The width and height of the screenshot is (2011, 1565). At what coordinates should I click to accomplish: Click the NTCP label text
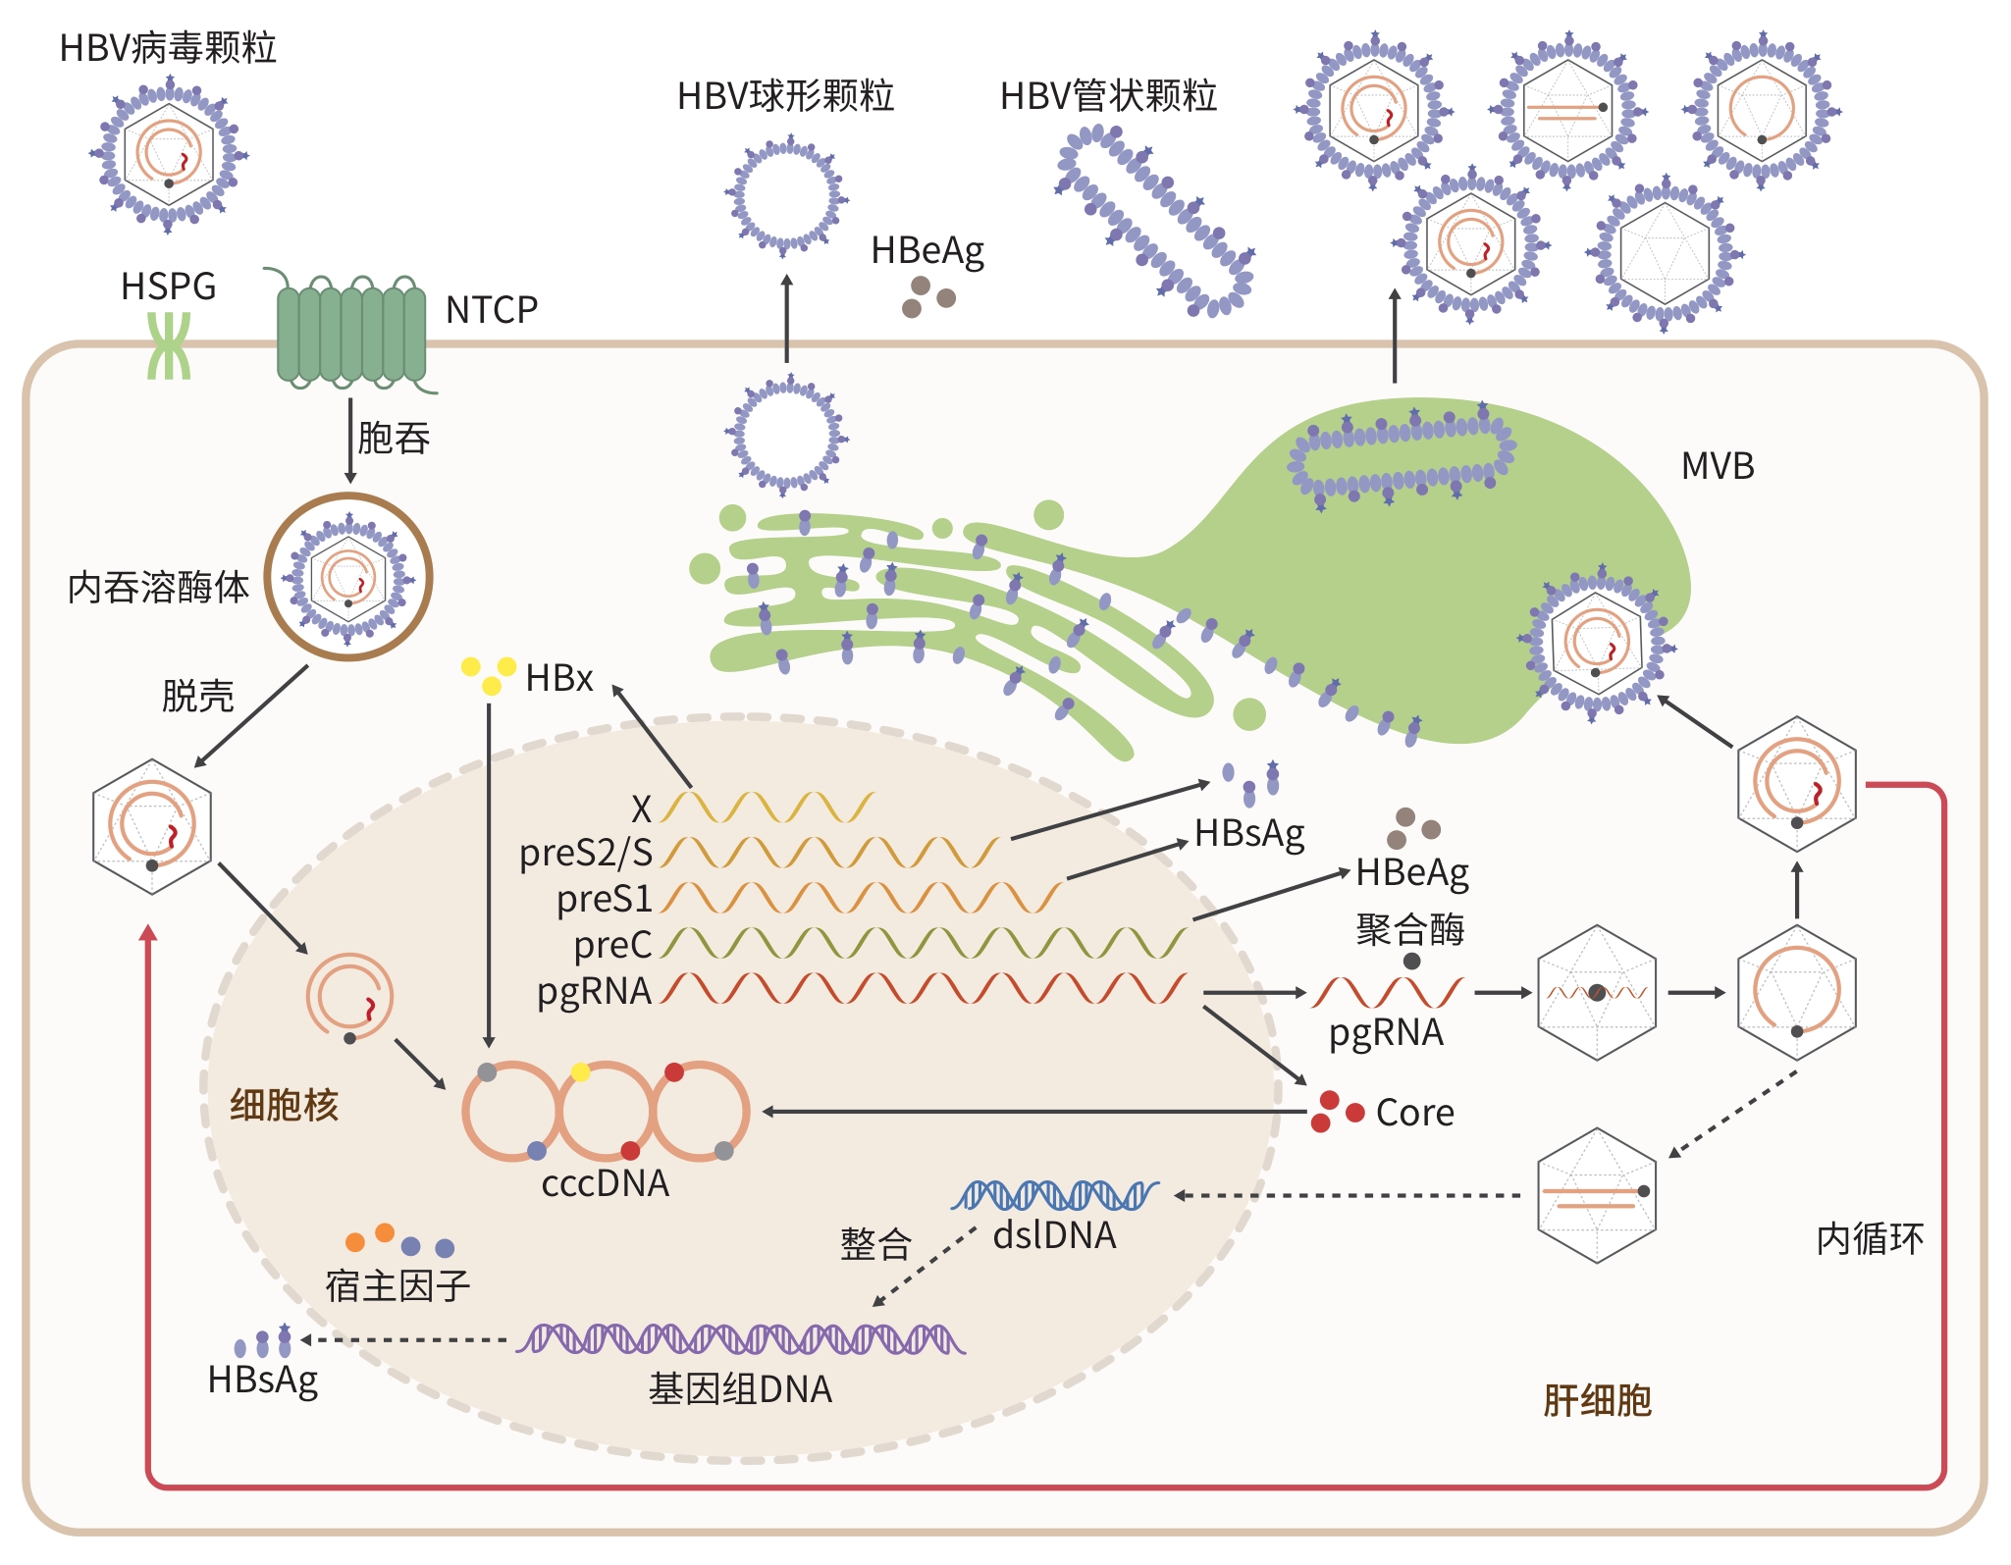coord(491,310)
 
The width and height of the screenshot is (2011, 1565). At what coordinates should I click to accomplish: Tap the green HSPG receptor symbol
coord(169,345)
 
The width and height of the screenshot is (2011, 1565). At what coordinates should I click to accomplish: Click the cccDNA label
coord(605,1184)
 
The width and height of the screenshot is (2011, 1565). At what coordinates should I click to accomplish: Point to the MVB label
coord(1717,466)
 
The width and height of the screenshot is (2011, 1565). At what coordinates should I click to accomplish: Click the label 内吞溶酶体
coord(158,588)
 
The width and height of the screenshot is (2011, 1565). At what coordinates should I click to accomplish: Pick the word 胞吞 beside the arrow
coord(394,438)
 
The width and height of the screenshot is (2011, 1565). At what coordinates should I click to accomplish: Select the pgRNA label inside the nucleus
coord(594,991)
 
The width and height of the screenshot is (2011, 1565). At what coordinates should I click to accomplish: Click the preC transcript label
coord(612,945)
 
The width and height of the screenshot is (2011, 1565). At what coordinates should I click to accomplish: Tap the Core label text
coord(1414,1113)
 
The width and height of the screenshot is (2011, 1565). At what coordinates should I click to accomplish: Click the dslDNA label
coord(1054,1235)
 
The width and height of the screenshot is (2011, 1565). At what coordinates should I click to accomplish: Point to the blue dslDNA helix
coord(1054,1195)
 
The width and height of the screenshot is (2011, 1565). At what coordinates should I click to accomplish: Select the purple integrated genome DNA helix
coord(741,1339)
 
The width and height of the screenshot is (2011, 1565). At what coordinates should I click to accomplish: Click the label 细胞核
coord(284,1106)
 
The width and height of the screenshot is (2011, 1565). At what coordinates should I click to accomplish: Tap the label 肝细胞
coord(1597,1401)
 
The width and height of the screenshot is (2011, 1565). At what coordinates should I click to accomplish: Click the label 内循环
coord(1870,1239)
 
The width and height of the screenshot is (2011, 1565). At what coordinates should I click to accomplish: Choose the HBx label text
coord(558,678)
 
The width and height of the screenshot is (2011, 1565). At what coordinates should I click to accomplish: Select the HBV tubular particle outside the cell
coord(1155,222)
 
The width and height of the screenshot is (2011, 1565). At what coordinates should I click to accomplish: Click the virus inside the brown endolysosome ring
coord(348,577)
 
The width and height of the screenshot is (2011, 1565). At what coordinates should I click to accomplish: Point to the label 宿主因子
coord(397,1285)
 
